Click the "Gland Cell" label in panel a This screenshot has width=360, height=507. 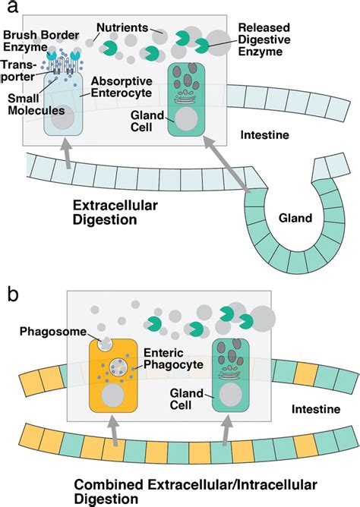(144, 118)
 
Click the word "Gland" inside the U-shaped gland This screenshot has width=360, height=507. (295, 218)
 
